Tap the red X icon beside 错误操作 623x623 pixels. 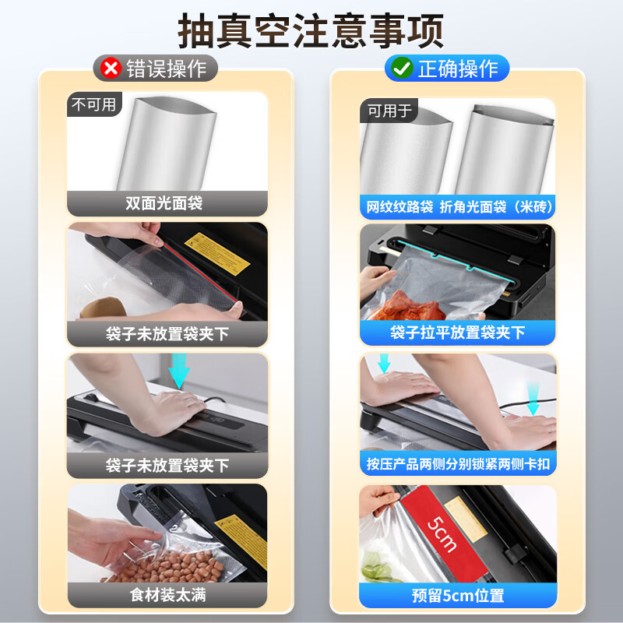pyautogui.click(x=111, y=69)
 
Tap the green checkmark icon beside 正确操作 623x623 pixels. pyautogui.click(x=402, y=69)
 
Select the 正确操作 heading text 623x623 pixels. pyautogui.click(x=458, y=69)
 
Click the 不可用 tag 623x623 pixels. pyautogui.click(x=93, y=104)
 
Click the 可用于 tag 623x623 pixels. pyautogui.click(x=389, y=111)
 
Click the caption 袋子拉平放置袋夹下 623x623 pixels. pyautogui.click(x=457, y=333)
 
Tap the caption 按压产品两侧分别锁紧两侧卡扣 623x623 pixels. pyautogui.click(x=457, y=464)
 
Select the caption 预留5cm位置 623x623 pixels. pyautogui.click(x=457, y=596)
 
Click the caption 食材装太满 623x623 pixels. pyautogui.click(x=167, y=596)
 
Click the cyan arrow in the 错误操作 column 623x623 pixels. pyautogui.click(x=181, y=368)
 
